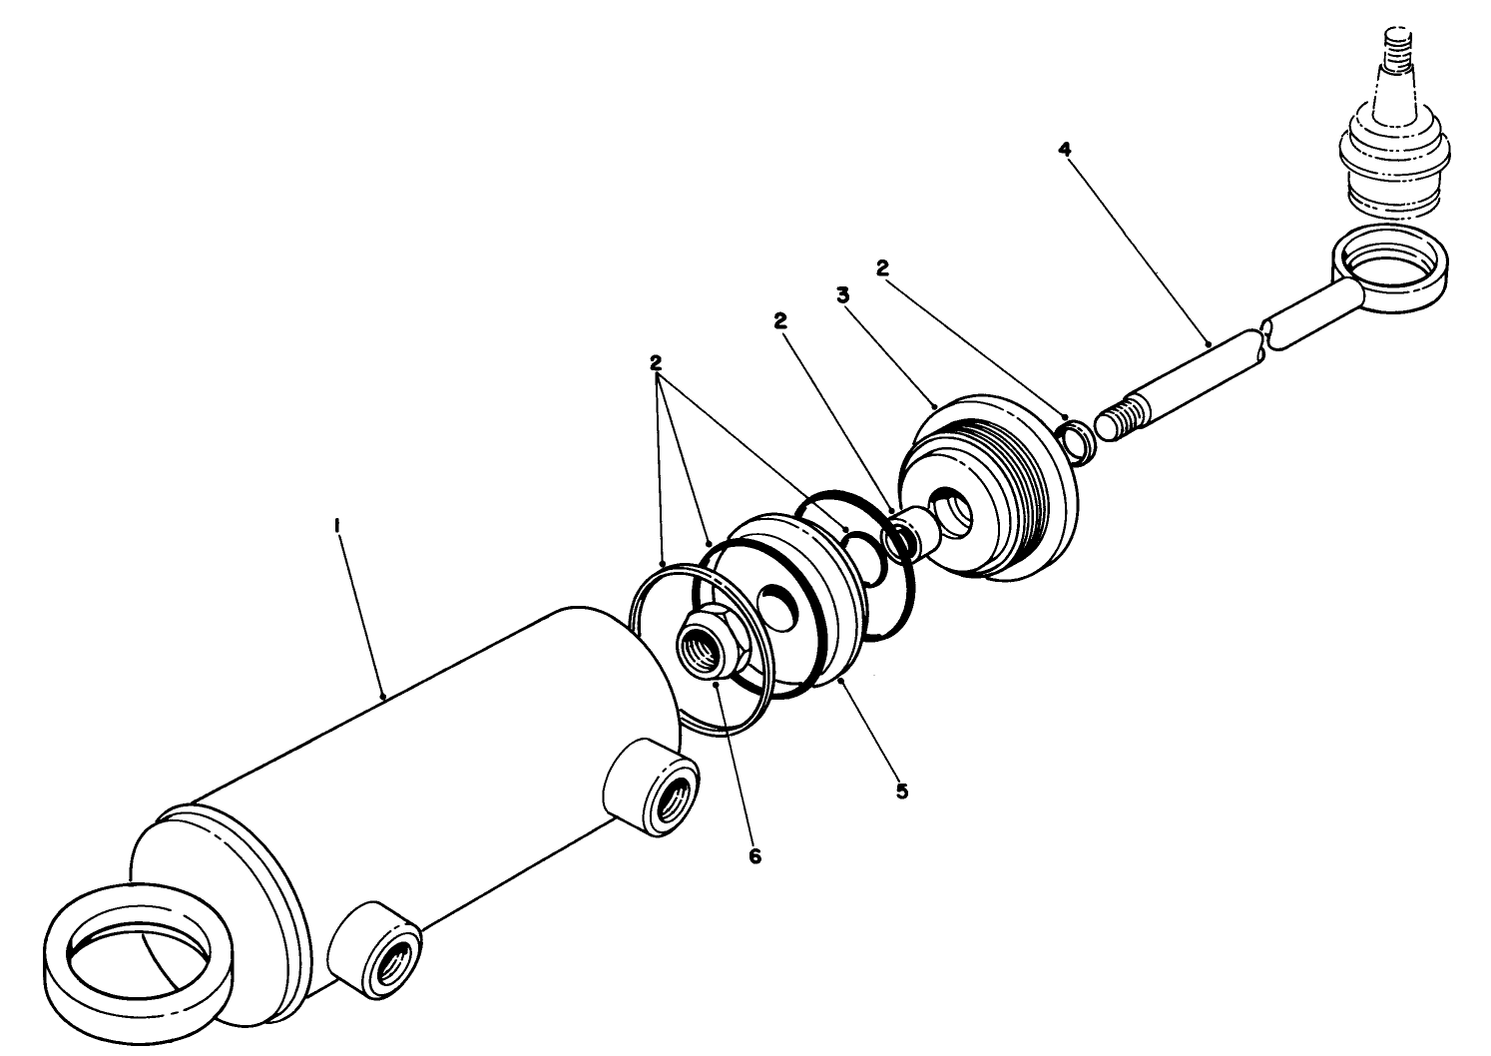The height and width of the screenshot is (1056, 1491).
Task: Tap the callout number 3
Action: (843, 295)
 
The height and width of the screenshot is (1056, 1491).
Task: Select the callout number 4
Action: (1065, 149)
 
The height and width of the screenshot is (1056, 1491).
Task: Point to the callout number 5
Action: (901, 792)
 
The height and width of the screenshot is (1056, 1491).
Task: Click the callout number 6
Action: (754, 855)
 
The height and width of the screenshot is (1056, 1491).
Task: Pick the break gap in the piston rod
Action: (1265, 339)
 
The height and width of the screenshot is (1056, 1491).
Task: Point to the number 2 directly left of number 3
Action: (779, 320)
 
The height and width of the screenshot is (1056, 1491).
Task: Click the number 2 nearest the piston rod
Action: (882, 267)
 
